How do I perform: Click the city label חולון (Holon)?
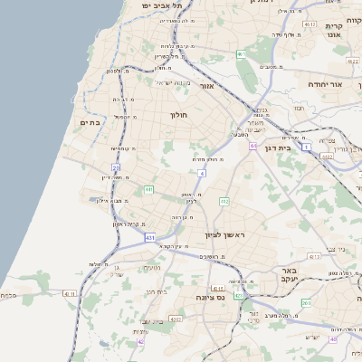point(178,115)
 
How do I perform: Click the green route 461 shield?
point(242,55)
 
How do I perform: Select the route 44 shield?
point(254,146)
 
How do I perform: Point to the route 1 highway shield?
point(307,146)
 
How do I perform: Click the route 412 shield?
point(224,200)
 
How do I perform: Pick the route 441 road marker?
point(148,189)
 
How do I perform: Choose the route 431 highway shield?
point(149,237)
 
